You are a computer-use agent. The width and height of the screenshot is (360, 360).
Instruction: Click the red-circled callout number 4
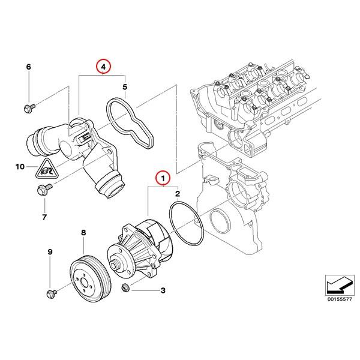[104, 67]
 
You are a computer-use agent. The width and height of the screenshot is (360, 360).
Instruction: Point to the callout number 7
[44, 215]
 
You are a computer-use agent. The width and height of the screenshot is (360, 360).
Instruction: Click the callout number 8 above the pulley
[83, 232]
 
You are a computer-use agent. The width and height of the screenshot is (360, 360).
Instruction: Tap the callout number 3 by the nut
[162, 291]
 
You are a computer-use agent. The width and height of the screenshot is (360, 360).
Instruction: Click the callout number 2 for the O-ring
[178, 194]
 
